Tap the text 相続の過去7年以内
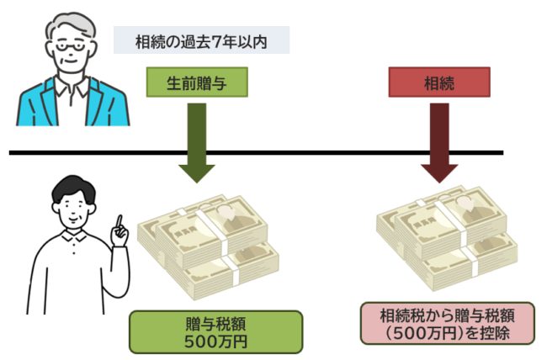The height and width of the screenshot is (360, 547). point(201,40)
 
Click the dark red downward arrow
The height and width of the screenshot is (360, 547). point(438,140)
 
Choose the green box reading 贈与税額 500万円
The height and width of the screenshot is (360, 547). point(215,331)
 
